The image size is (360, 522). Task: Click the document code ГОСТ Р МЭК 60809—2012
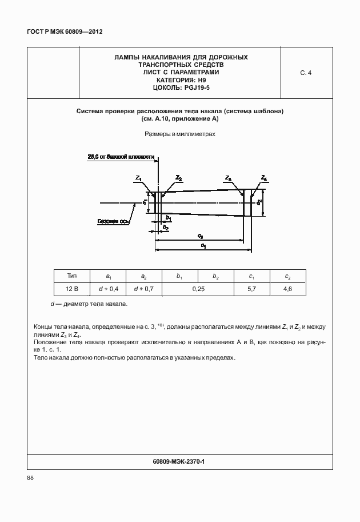pos(61,31)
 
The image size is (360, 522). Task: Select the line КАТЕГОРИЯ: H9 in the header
pos(181,80)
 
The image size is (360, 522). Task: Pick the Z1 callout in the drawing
pos(139,180)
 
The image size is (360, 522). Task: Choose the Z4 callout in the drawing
pos(263,178)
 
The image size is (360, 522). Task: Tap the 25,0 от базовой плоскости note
pos(121,156)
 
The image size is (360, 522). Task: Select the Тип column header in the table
pos(72,276)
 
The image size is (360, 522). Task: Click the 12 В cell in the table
pos(72,289)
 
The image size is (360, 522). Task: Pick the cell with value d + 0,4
pos(108,289)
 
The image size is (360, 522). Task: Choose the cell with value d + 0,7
pos(144,289)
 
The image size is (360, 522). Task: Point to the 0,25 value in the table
pos(198,289)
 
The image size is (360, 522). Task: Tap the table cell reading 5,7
pos(251,289)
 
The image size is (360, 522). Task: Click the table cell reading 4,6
pos(287,289)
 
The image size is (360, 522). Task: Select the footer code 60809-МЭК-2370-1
pos(180,460)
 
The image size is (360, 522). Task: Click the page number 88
pos(31,478)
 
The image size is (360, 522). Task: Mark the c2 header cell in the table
pos(287,277)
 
